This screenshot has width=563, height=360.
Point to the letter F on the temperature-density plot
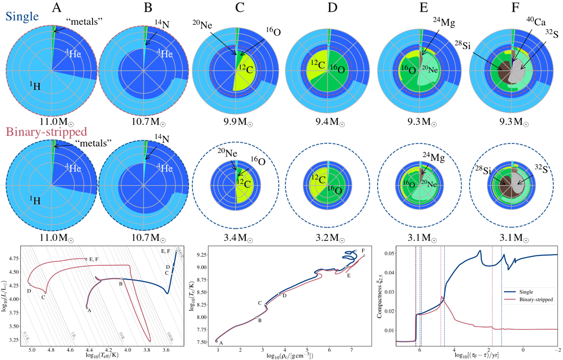tap(363, 251)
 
